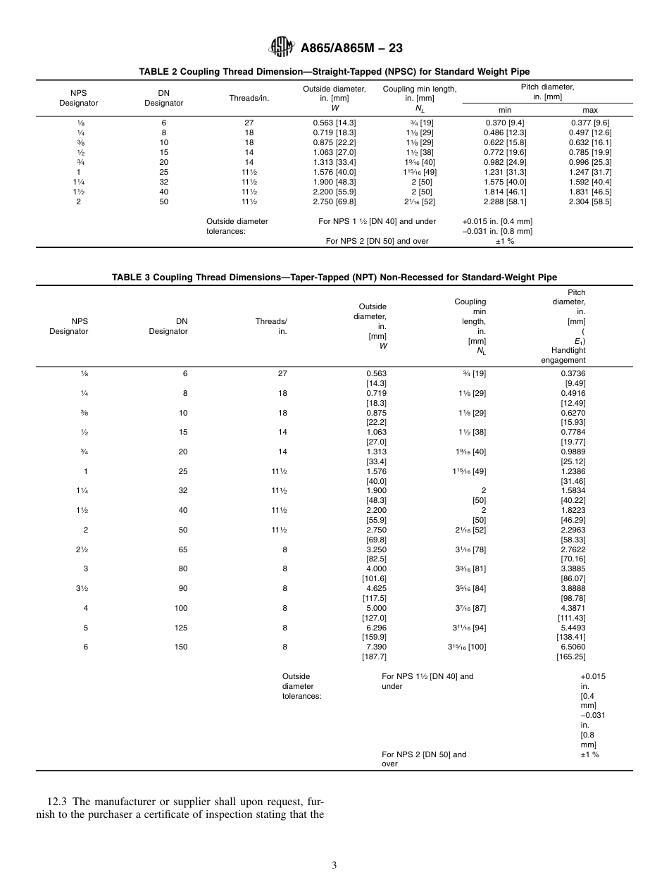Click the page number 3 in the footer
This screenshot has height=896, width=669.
point(334,865)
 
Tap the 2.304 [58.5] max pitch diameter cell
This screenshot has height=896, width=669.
point(590,201)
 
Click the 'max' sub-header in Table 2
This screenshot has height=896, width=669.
point(590,110)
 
